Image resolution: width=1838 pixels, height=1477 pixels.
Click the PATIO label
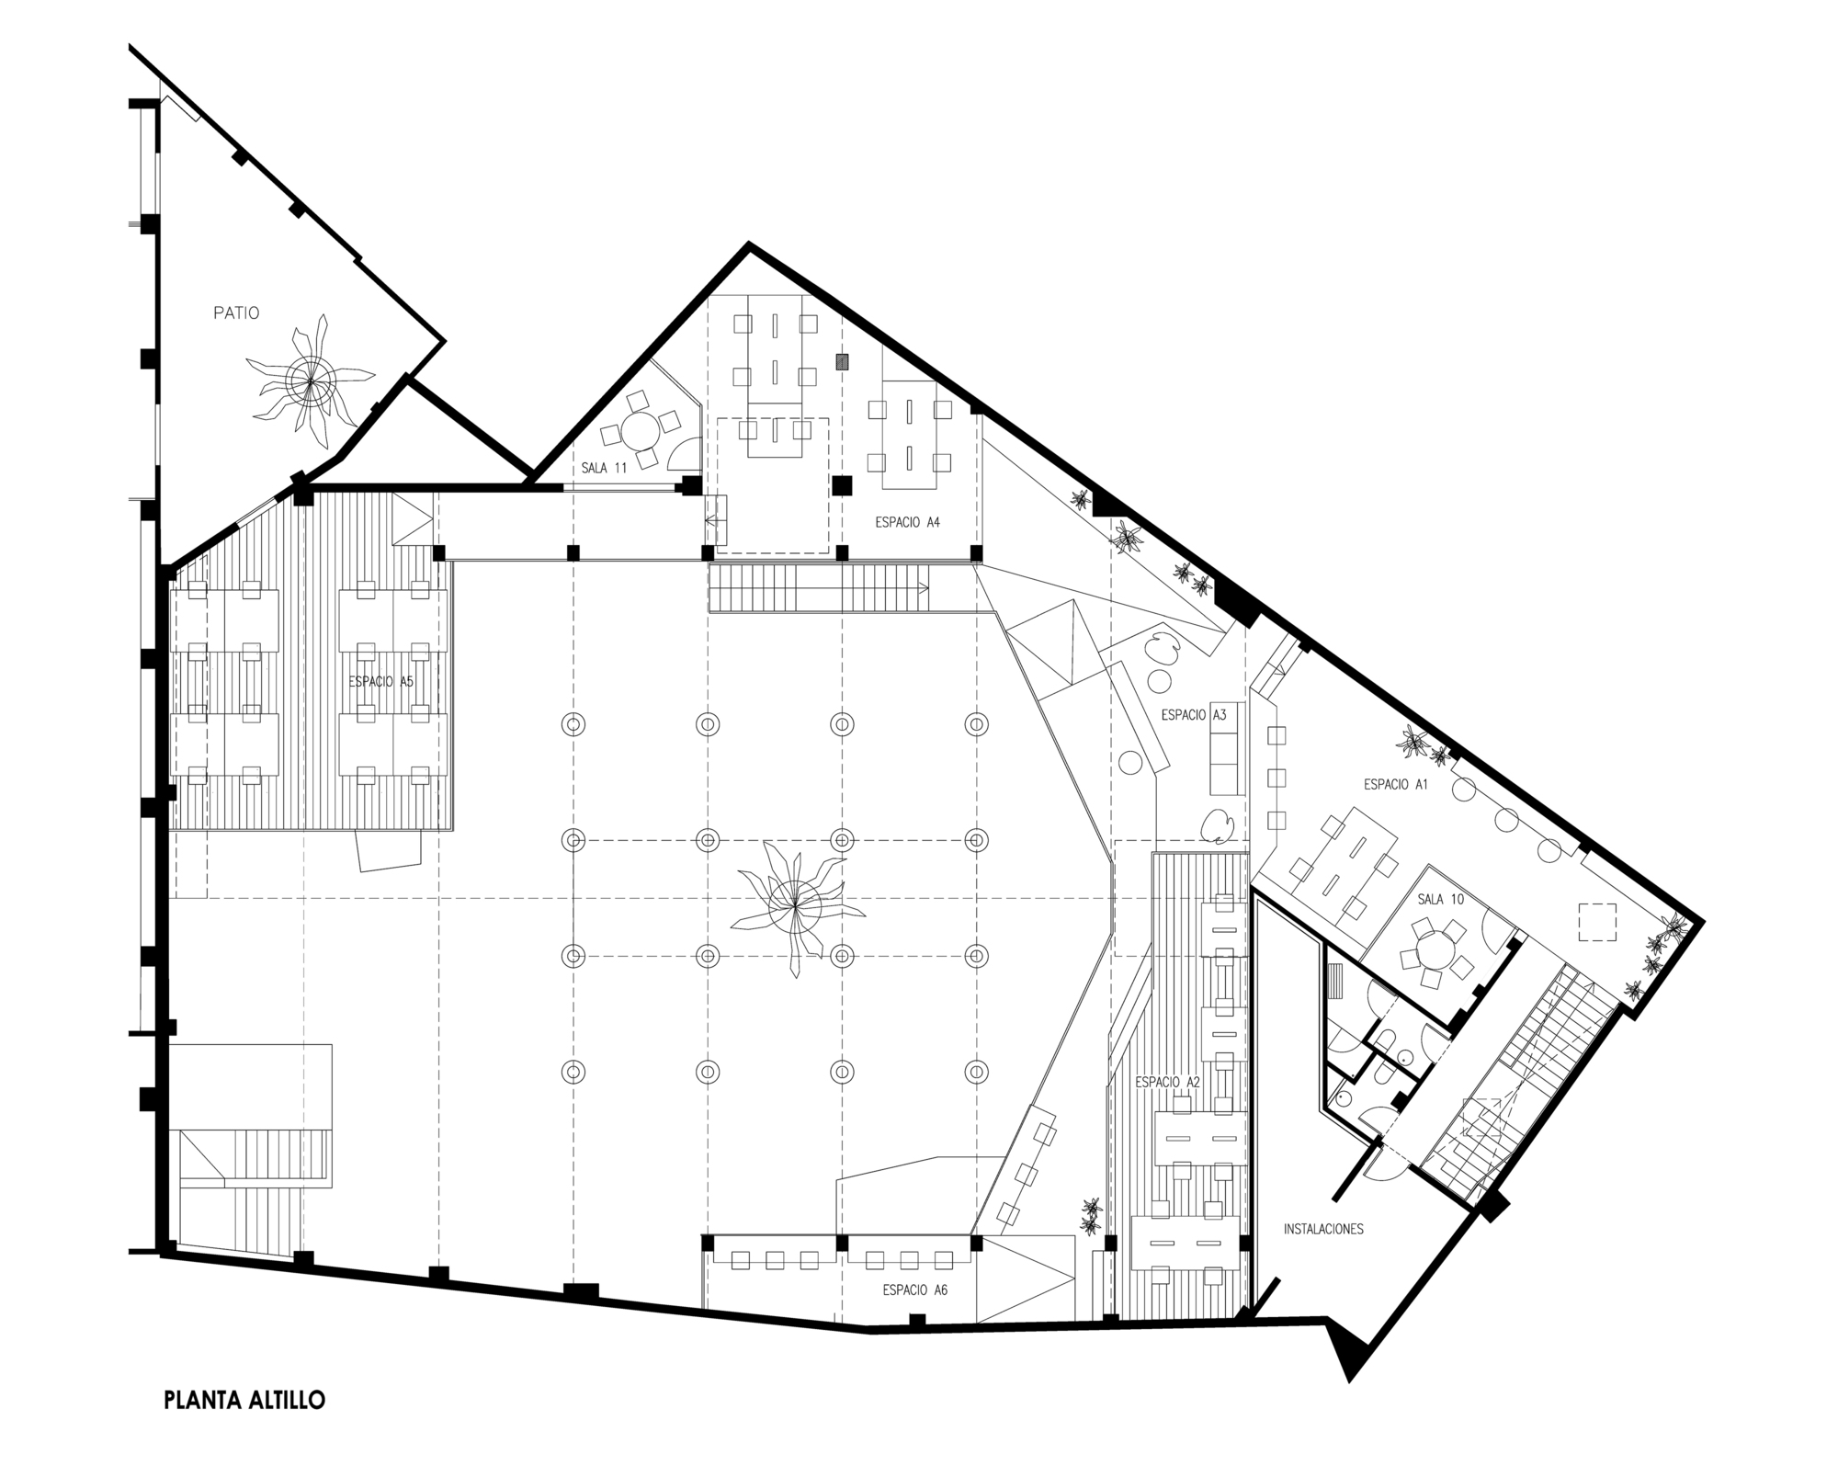tap(236, 312)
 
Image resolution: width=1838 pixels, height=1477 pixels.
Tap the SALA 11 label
tap(604, 468)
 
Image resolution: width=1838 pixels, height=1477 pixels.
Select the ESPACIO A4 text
tap(907, 522)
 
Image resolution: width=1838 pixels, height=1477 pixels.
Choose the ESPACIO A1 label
tap(1396, 784)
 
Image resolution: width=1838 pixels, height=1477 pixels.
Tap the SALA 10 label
tap(1440, 899)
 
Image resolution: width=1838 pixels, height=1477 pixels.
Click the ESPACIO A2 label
tap(1167, 1082)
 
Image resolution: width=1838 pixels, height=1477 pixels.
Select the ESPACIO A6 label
tap(914, 1290)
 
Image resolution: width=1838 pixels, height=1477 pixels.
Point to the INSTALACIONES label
tap(1323, 1228)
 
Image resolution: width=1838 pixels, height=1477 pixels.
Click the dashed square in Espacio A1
tap(1597, 922)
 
